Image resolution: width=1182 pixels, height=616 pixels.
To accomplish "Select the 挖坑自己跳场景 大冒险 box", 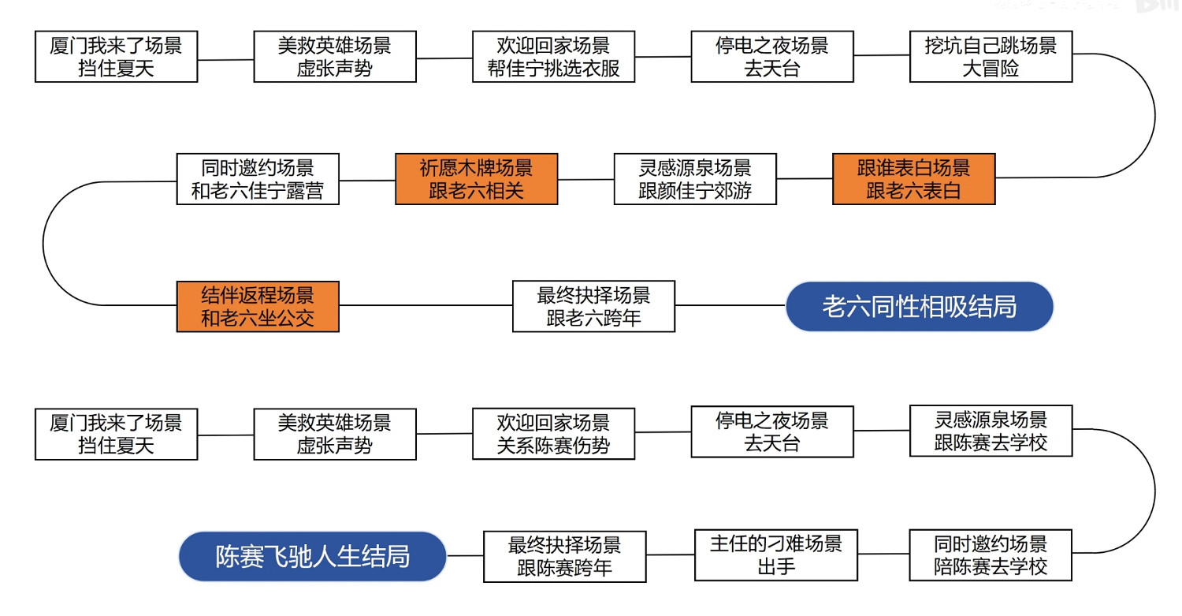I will pyautogui.click(x=991, y=57).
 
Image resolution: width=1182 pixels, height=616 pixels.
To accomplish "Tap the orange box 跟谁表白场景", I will pyautogui.click(x=913, y=179).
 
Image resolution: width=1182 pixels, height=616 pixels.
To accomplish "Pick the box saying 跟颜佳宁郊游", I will pyautogui.click(x=694, y=179).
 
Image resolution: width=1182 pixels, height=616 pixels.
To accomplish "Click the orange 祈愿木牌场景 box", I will pyautogui.click(x=476, y=179).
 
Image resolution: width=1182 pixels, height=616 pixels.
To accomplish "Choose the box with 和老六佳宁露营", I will pyautogui.click(x=258, y=179).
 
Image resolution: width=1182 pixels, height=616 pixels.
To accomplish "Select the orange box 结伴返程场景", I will pyautogui.click(x=258, y=307).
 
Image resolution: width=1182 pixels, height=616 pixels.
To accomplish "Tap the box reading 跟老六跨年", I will pyautogui.click(x=593, y=307).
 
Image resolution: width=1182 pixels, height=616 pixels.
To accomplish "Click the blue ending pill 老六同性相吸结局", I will pyautogui.click(x=919, y=307).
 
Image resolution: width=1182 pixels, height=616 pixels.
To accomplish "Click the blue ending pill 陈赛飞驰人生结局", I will pyautogui.click(x=313, y=556).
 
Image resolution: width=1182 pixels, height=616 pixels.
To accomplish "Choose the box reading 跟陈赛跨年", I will pyautogui.click(x=564, y=556).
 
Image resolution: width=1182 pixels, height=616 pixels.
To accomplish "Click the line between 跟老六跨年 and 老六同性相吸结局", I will pyautogui.click(x=730, y=305).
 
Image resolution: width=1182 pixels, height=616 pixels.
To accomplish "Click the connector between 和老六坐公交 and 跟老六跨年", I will pyautogui.click(x=426, y=305).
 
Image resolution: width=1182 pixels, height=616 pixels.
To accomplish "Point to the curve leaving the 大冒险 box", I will pyautogui.click(x=1155, y=116).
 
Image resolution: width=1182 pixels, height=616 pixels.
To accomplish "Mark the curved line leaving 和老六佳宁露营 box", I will pyautogui.click(x=44, y=243).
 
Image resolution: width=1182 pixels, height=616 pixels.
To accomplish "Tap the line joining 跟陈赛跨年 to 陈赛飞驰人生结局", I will pyautogui.click(x=465, y=555).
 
